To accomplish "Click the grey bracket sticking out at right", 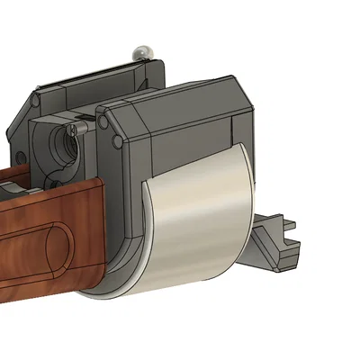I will (x=274, y=241).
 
